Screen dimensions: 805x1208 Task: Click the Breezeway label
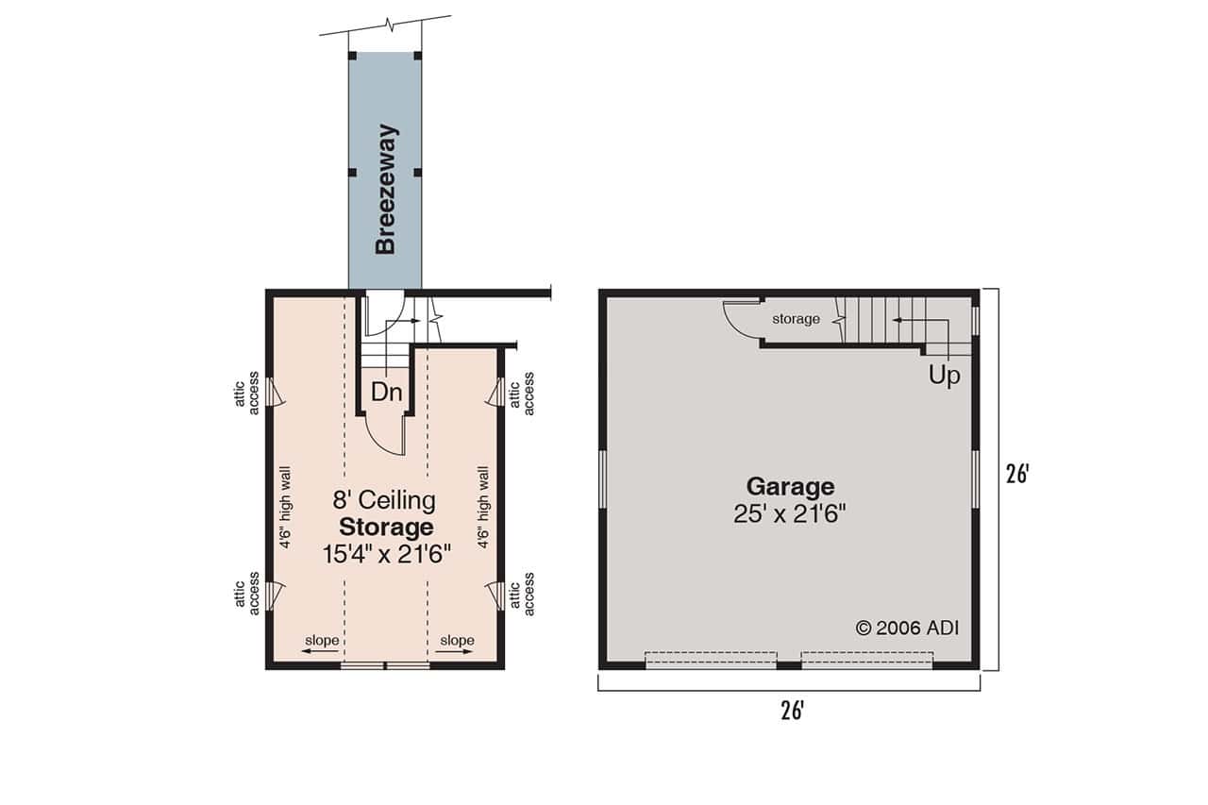(385, 189)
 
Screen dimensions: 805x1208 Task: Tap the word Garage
(790, 487)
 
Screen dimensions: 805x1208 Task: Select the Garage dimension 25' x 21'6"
(790, 514)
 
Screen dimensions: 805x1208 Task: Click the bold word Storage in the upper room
(386, 527)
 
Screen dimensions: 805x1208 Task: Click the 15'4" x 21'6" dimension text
(386, 554)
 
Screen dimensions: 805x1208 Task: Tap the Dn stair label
(386, 393)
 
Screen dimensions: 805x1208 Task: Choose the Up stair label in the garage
(944, 376)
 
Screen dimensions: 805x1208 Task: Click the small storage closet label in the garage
(796, 319)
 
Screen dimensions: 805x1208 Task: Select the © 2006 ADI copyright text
(906, 628)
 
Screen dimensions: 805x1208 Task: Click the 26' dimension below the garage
(791, 711)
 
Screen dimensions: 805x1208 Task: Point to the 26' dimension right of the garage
(1015, 474)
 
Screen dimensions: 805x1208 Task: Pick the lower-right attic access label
(521, 594)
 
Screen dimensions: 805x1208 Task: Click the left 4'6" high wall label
(284, 507)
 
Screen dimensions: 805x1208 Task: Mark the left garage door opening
(711, 659)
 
